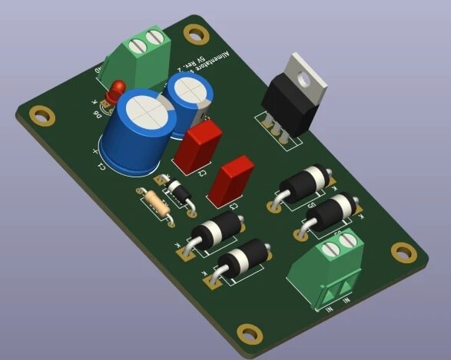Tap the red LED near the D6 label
tap(116, 91)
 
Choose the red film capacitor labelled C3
tap(231, 182)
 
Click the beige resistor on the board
tap(158, 205)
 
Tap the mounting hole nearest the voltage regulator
tap(197, 34)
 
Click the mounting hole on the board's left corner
tap(38, 114)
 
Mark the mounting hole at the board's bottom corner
tap(248, 333)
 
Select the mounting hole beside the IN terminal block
tap(401, 252)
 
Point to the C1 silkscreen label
tap(100, 163)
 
